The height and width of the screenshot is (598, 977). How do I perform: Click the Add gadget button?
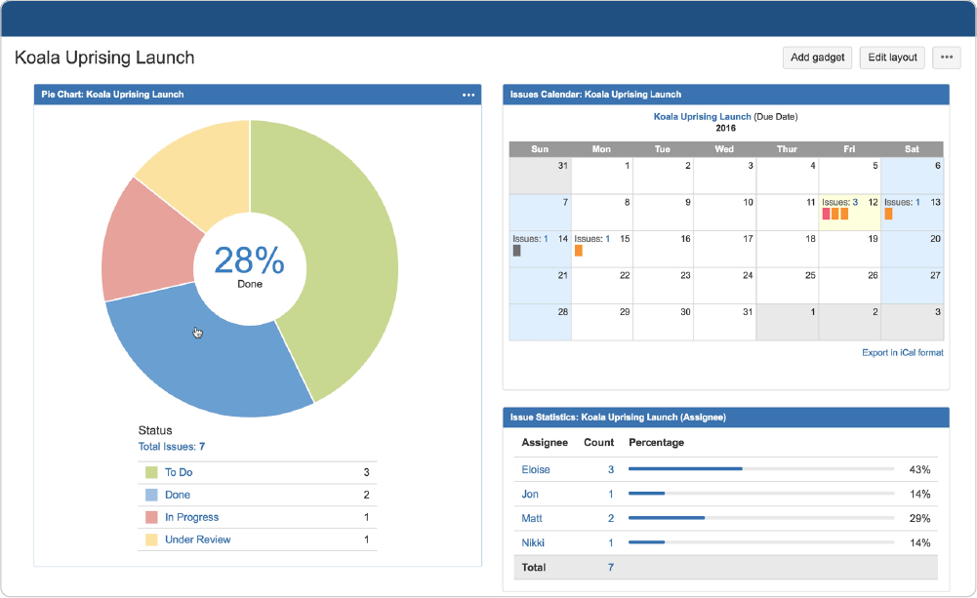(817, 58)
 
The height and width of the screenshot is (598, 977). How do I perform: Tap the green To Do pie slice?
(342, 254)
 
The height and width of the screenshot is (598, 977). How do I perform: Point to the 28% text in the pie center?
(250, 260)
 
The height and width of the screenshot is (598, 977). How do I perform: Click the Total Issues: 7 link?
(172, 447)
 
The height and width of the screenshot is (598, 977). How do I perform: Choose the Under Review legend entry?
(197, 539)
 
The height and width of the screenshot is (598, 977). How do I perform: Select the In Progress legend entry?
(191, 517)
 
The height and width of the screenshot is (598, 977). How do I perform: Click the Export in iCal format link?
(902, 352)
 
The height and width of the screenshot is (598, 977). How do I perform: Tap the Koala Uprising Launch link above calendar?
(702, 116)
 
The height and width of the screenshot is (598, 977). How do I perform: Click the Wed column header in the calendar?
(724, 149)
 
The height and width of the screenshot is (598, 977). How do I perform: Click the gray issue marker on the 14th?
(516, 251)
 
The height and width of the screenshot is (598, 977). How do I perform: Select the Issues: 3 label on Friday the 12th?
(840, 202)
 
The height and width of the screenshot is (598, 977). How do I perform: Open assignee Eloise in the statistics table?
(536, 469)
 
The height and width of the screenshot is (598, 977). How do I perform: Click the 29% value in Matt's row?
(919, 518)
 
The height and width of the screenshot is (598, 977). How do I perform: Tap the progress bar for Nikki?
(761, 542)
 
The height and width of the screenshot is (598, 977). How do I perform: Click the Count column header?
(599, 442)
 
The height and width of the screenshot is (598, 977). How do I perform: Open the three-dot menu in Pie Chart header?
(468, 95)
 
